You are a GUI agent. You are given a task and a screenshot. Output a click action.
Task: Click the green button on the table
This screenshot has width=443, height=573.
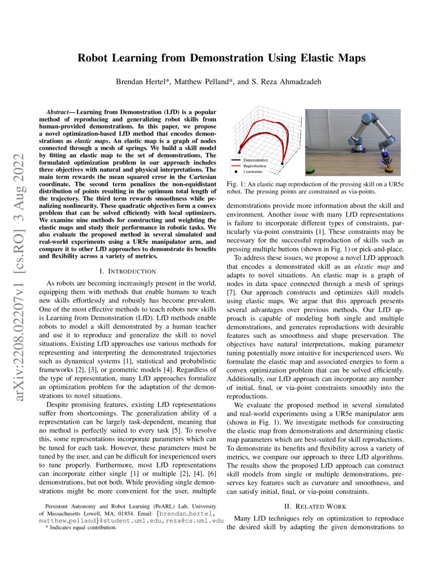point(310,170)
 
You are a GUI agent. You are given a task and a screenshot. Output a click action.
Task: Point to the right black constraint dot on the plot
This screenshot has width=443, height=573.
point(282,163)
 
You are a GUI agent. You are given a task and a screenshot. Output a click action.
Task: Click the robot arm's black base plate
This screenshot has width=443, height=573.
point(359,151)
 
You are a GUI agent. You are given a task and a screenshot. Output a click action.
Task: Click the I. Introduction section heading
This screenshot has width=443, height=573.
point(127,271)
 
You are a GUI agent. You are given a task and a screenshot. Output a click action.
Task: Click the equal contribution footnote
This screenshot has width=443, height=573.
point(81,527)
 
